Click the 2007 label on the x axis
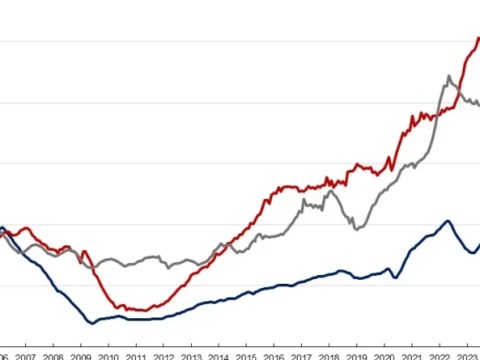(x=26, y=355)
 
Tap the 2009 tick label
(x=81, y=355)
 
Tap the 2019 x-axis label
(x=356, y=355)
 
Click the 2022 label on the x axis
(x=439, y=355)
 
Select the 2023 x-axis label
(x=466, y=355)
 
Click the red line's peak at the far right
(x=477, y=38)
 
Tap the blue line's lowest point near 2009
(x=92, y=322)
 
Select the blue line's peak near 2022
(x=448, y=221)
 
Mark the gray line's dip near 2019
(x=356, y=228)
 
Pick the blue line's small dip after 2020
(x=394, y=277)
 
